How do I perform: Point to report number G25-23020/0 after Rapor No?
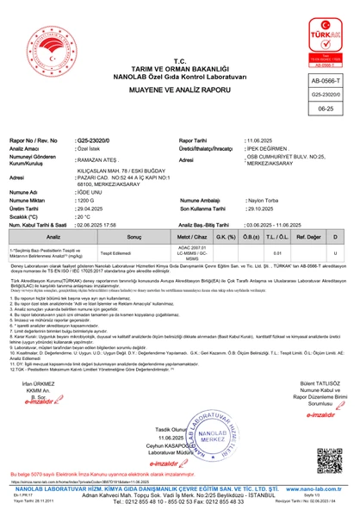[92, 139]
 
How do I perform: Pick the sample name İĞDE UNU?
[90, 190]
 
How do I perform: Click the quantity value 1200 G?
[86, 198]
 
